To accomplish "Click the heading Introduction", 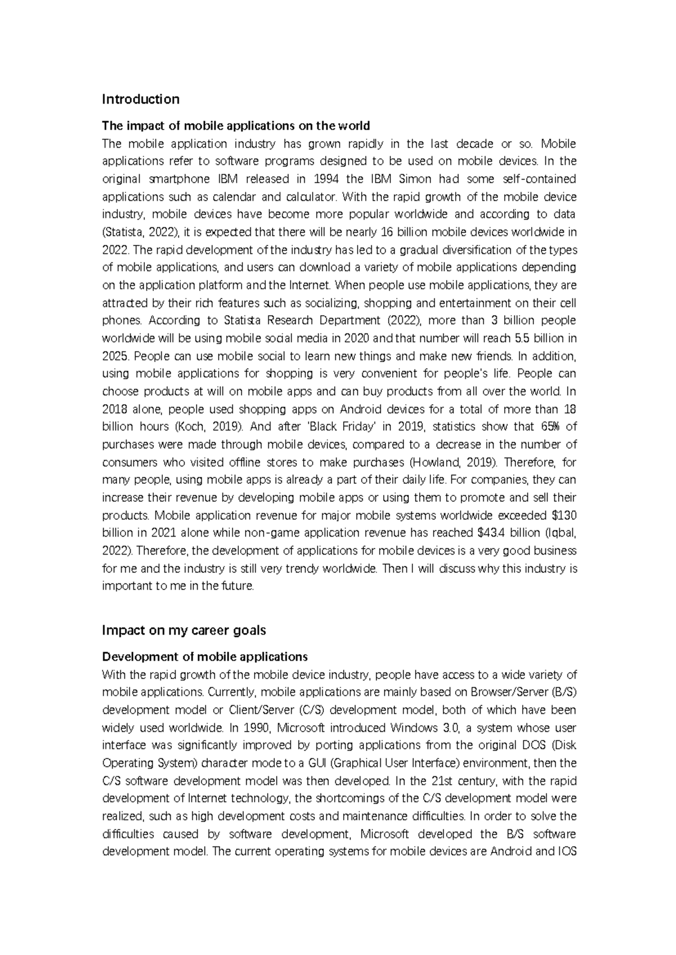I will tap(140, 100).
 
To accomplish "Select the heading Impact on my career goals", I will tap(184, 631).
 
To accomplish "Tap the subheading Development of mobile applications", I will tap(204, 657).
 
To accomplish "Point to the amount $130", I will tap(564, 515).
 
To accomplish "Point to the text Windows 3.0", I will tap(422, 728).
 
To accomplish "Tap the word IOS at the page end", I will tap(567, 851).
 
